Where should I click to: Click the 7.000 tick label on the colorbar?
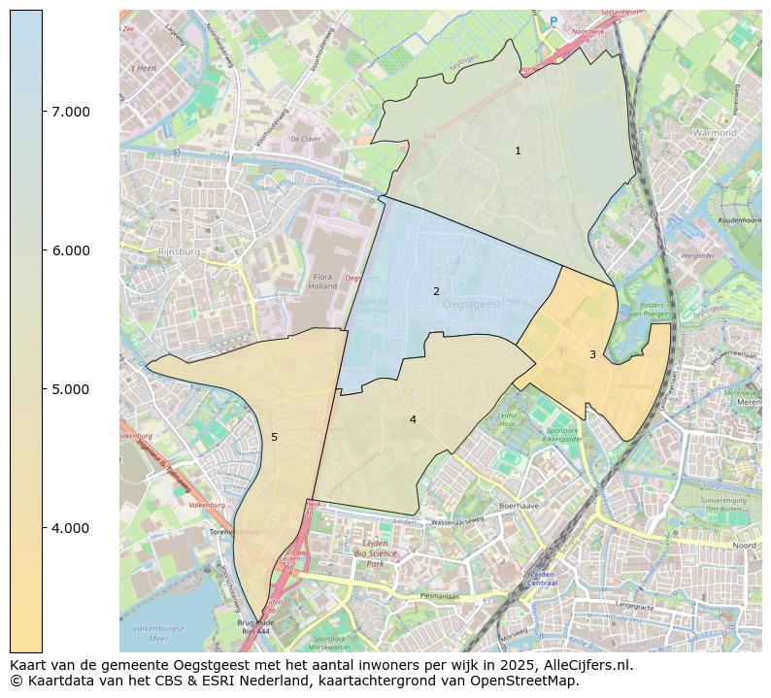coord(70,112)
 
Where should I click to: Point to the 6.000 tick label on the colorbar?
coord(70,250)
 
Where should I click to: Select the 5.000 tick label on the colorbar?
coord(70,389)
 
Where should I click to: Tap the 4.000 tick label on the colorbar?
coord(70,528)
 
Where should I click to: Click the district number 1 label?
coord(518,150)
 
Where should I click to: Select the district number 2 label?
coord(436,291)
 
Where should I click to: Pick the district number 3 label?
coord(592,354)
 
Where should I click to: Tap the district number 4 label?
coord(413,419)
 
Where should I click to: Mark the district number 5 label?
coord(274,437)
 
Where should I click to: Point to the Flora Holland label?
coord(322,282)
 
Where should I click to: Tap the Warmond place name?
coord(715,132)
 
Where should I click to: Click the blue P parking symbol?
coord(553,21)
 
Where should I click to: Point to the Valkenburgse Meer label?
coord(155,632)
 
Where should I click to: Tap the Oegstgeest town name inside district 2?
coord(471,304)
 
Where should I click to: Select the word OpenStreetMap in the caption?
coord(524,681)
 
